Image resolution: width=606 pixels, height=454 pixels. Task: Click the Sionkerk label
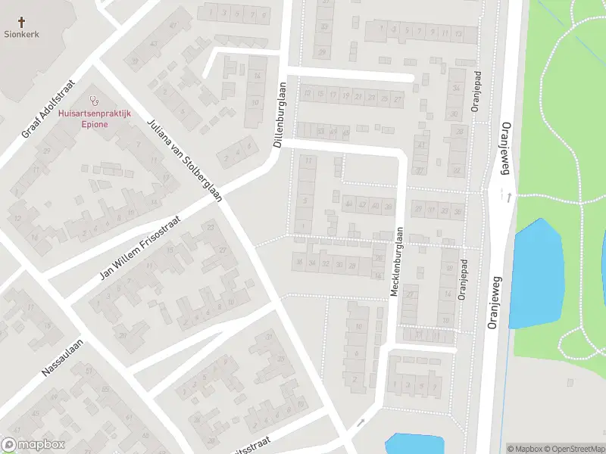(x=21, y=34)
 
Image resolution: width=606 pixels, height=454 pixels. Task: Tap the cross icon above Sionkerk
(x=21, y=23)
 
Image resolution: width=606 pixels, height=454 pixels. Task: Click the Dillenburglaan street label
(x=279, y=113)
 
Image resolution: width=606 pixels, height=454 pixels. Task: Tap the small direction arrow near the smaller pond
(x=361, y=422)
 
